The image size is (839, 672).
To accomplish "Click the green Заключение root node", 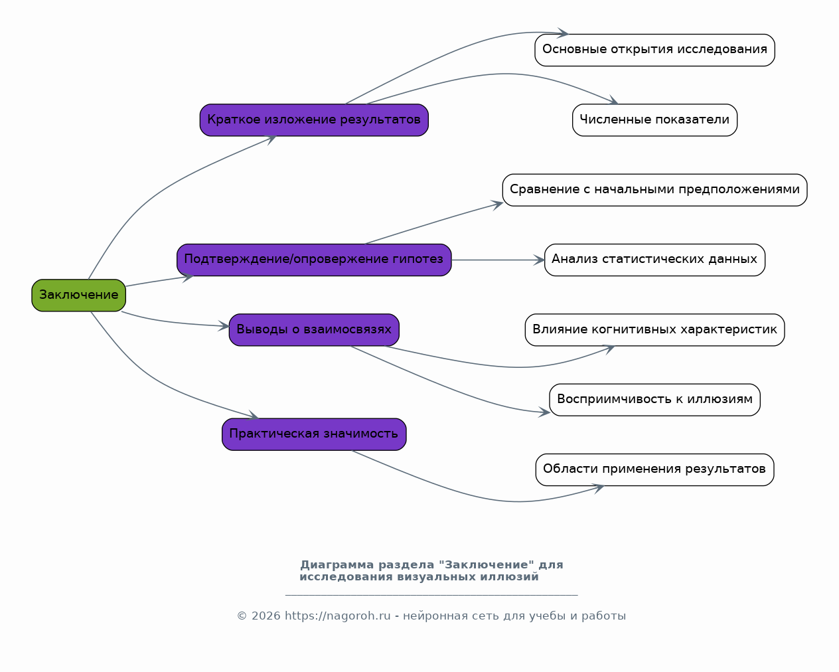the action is click(x=79, y=295).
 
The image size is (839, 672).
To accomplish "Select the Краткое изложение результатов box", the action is click(x=314, y=120).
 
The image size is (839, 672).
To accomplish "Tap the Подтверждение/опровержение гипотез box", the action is click(x=314, y=260).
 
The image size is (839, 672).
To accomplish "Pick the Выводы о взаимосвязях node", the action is click(x=314, y=330).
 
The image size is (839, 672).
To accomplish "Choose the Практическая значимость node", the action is click(x=314, y=434).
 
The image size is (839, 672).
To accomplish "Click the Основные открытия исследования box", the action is click(x=654, y=50).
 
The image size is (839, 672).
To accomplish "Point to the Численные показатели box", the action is click(x=654, y=120).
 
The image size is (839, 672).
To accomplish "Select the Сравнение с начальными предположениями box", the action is click(x=654, y=190).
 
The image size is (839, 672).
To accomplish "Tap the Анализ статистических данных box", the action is click(x=654, y=260).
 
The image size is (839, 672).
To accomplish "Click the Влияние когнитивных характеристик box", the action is click(x=654, y=330).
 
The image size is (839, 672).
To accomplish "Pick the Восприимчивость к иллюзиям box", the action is click(x=654, y=400).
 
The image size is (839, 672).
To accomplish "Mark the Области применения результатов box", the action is click(x=654, y=469).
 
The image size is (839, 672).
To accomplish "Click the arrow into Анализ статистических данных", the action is click(x=498, y=260).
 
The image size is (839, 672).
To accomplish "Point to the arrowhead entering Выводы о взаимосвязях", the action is click(x=224, y=325).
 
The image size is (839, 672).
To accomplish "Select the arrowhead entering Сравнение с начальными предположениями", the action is click(x=496, y=205).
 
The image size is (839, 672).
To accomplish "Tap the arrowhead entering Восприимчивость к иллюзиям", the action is click(x=544, y=412).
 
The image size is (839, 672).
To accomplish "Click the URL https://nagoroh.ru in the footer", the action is click(x=338, y=616).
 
